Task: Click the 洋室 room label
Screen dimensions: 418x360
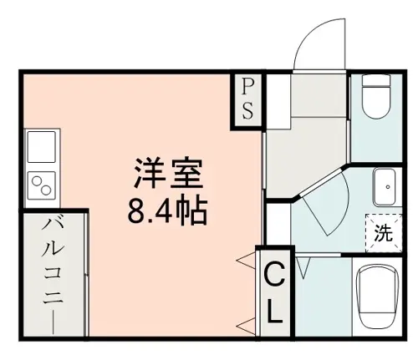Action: [x=169, y=173]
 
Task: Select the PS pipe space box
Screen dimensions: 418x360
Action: [x=247, y=100]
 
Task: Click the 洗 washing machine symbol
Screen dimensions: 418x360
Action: [x=384, y=233]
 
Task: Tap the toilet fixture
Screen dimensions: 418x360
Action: [x=375, y=97]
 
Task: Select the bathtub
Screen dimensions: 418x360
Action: [x=377, y=297]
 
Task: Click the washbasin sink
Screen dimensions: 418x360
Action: [x=385, y=187]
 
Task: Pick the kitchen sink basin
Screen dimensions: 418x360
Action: [x=41, y=146]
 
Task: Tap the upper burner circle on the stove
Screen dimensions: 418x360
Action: [x=37, y=181]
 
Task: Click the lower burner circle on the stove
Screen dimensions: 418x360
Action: [x=46, y=190]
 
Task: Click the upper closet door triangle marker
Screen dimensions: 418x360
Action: [x=246, y=260]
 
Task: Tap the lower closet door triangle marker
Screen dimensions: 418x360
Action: [x=246, y=326]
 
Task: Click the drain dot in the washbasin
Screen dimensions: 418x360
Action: [x=388, y=187]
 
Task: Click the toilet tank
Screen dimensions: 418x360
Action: [x=375, y=81]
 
